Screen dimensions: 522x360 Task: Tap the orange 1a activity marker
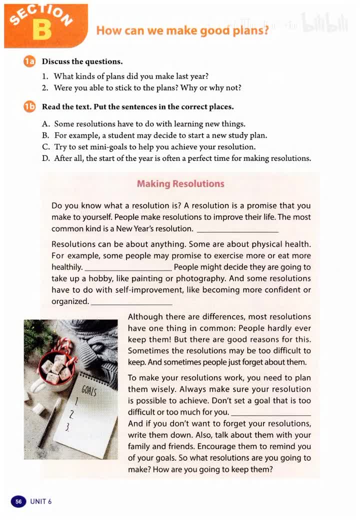click(x=29, y=61)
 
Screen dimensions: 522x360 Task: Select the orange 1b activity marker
click(x=29, y=106)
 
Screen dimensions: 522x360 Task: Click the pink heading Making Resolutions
click(x=180, y=183)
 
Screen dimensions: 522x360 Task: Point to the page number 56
click(x=18, y=501)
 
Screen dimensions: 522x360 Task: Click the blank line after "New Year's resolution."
click(x=237, y=230)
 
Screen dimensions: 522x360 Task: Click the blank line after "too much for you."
click(x=271, y=414)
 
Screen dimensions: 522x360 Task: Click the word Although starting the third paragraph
click(x=145, y=316)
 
